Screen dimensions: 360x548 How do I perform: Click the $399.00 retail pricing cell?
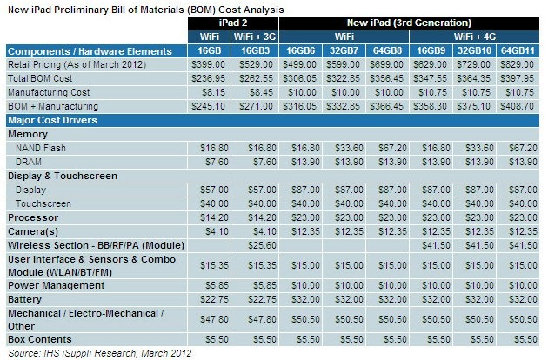[207, 64]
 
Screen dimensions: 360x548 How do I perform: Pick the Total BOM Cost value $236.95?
[207, 77]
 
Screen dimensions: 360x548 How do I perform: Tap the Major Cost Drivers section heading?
[52, 120]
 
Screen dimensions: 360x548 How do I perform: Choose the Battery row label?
[25, 297]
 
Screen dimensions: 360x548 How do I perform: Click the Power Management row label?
[50, 283]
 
